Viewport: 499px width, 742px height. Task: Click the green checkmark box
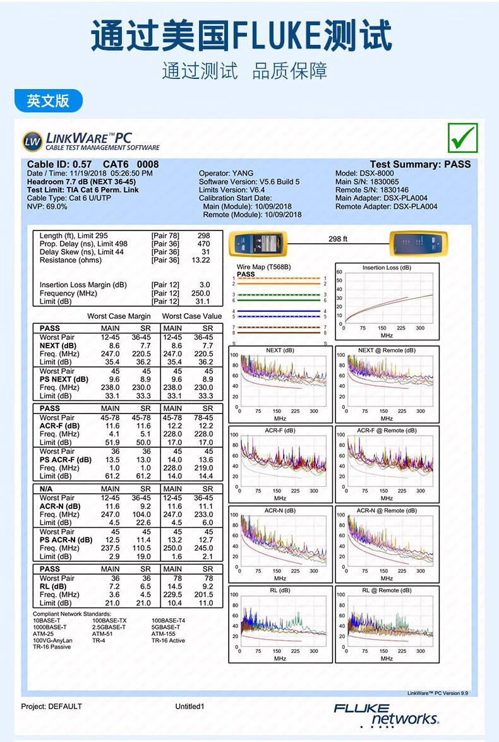point(462,138)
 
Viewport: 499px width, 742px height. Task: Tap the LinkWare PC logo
point(90,141)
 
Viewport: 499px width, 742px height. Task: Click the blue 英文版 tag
point(48,100)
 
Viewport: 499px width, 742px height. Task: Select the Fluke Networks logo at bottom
point(386,714)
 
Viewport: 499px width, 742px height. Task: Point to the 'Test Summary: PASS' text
point(420,164)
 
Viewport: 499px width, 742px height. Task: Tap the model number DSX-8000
point(377,173)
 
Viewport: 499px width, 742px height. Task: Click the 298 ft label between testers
point(338,239)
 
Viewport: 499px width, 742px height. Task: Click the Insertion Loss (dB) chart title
point(387,268)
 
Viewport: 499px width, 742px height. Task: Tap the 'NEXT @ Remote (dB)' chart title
point(387,350)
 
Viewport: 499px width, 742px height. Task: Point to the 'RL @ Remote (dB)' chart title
point(387,590)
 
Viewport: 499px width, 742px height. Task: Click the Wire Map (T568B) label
point(263,267)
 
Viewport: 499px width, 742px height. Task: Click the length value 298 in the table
point(203,236)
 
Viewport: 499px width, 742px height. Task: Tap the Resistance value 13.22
point(201,260)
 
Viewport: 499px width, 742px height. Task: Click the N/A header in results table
point(46,489)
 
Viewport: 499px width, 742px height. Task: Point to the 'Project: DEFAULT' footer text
point(52,706)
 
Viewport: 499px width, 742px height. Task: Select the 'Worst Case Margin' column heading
point(119,316)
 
